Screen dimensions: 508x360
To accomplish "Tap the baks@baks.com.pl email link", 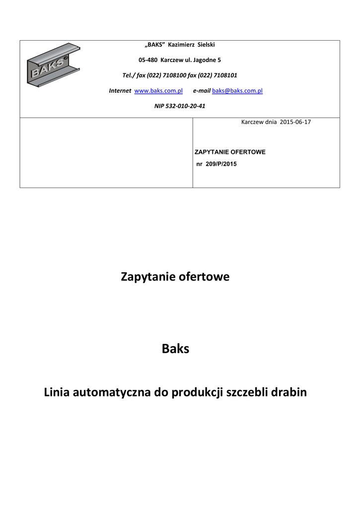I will point(237,91).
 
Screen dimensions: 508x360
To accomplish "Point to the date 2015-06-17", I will point(295,122).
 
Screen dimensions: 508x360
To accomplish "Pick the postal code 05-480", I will point(147,60).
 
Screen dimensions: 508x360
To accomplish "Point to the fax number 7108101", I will point(224,75).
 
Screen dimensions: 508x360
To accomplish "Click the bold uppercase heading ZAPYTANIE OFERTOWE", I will point(230,152).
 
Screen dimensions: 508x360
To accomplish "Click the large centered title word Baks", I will point(176,349).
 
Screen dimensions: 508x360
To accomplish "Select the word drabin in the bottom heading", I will point(289,392).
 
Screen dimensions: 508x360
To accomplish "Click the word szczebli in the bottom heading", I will point(247,392).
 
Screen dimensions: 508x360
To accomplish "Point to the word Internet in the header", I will point(120,91).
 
